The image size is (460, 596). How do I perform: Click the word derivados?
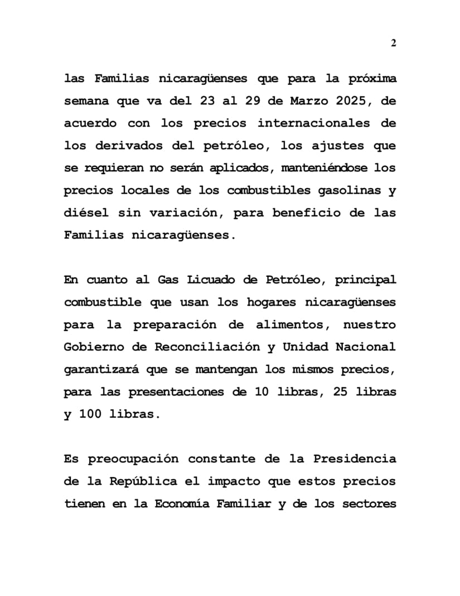coord(125,146)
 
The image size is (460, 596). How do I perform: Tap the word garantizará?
coord(102,369)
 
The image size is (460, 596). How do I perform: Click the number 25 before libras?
coord(340,391)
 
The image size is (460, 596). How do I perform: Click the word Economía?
coord(186,503)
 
